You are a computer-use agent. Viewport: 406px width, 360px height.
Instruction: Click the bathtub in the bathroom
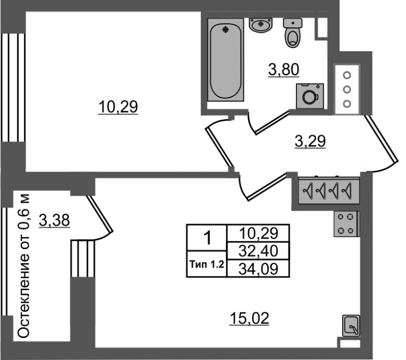tap(225, 59)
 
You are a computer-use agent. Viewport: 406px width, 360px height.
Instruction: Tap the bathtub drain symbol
tap(226, 30)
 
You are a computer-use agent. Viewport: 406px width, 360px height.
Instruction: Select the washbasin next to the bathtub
tap(260, 25)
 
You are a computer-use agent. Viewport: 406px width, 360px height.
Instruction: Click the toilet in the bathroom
tap(293, 32)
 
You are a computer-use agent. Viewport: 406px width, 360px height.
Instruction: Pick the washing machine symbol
tap(310, 96)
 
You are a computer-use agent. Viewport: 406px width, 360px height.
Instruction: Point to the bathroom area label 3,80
tap(284, 70)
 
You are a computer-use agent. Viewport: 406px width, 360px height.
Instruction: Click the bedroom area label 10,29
tap(118, 107)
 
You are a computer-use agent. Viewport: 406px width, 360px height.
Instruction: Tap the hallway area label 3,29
tap(310, 141)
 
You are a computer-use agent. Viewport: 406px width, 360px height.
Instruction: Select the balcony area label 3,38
tap(54, 221)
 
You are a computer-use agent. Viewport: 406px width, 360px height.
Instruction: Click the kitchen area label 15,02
tap(249, 318)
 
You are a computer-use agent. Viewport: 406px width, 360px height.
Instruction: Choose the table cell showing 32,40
tap(258, 251)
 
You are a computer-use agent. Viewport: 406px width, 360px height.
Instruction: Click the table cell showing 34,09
tap(258, 269)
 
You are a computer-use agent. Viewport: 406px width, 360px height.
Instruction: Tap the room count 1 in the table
tap(208, 238)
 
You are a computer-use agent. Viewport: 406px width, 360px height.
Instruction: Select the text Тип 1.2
tap(207, 265)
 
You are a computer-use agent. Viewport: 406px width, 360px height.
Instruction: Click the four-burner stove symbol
tap(347, 224)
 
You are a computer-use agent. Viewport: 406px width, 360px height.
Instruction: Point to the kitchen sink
tap(351, 326)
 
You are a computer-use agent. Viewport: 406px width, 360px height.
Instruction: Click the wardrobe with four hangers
tap(328, 191)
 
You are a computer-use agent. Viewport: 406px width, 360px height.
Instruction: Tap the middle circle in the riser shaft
tap(347, 90)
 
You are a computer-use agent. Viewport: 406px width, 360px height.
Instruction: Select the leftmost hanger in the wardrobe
tap(308, 191)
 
